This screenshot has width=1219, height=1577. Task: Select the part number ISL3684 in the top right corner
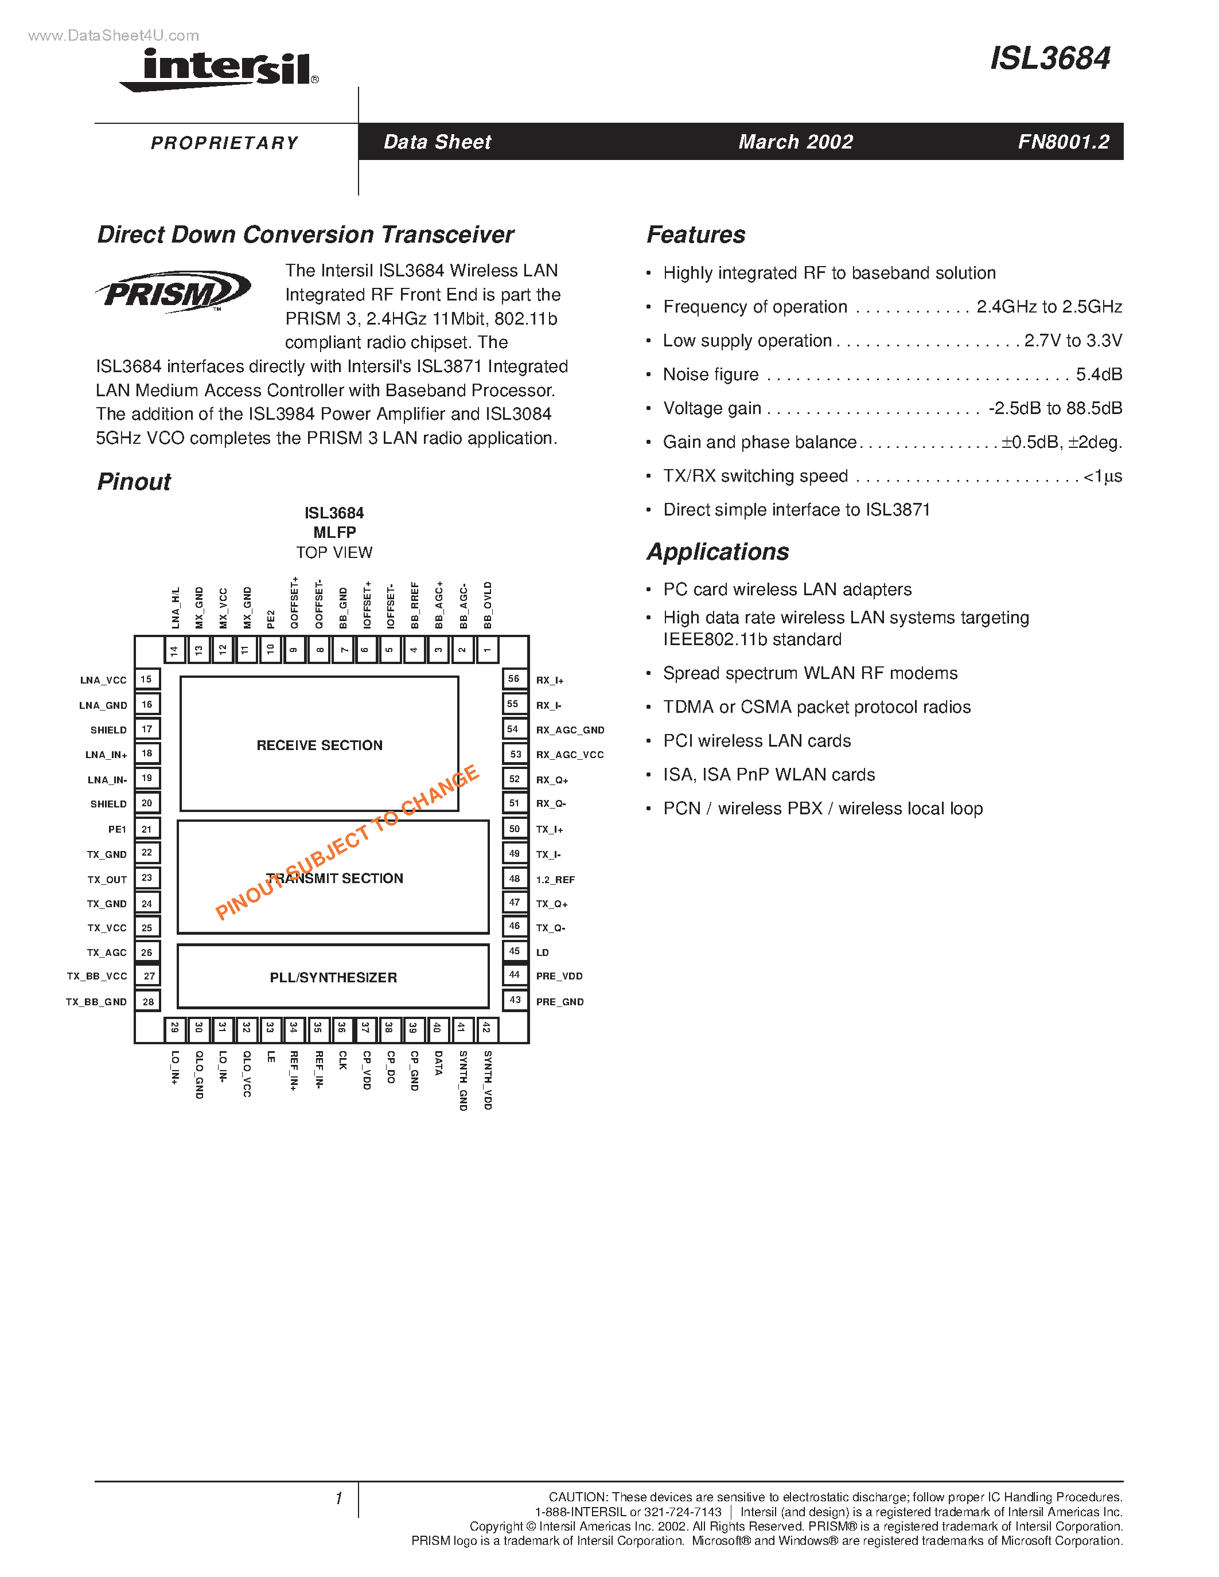point(1049,58)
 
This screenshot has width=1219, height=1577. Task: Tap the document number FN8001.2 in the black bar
point(1063,142)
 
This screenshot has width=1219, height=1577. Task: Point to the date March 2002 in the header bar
point(795,142)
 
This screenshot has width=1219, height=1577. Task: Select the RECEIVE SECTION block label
point(319,745)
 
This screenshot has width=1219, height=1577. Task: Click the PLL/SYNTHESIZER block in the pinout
point(333,977)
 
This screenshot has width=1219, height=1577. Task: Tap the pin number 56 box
point(513,679)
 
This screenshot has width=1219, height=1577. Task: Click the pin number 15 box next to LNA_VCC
point(147,680)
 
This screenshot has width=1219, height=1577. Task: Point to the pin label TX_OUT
point(107,880)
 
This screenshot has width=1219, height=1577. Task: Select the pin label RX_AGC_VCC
point(570,755)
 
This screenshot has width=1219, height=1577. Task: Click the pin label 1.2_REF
point(555,880)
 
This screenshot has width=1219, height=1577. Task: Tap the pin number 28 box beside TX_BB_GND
point(148,1001)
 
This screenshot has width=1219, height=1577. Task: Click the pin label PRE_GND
point(560,1001)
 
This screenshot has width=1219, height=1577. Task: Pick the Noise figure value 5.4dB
point(1099,374)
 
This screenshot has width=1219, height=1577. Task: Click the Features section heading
point(695,235)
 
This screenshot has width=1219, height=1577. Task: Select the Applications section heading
point(718,552)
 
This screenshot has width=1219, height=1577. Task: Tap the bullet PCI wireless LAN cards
point(756,741)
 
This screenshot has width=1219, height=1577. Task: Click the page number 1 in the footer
point(338,1498)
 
